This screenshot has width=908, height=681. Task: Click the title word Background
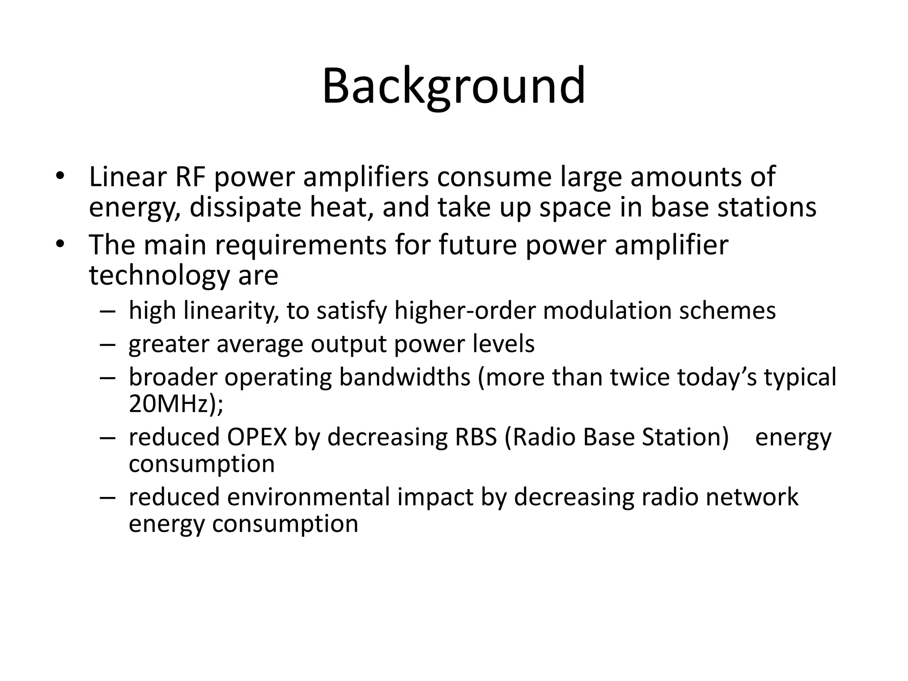[454, 86]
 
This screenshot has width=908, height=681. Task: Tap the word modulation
[607, 310]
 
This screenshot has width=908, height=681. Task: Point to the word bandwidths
[404, 377]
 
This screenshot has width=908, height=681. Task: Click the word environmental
[308, 497]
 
